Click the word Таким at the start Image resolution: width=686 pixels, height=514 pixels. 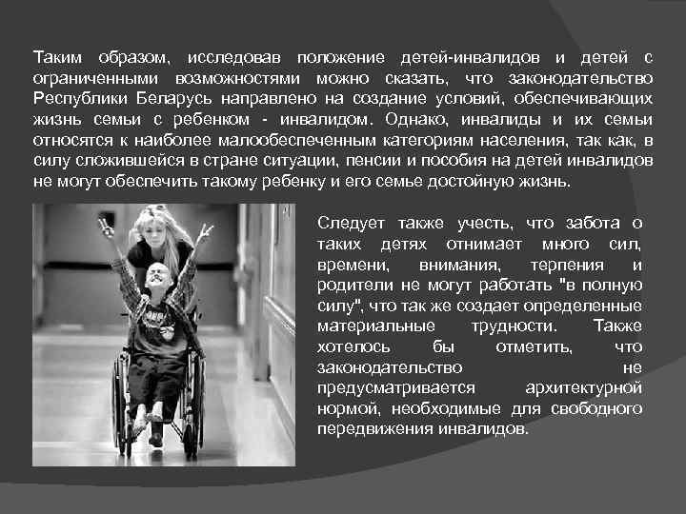coord(54,57)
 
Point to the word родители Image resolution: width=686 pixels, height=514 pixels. coord(351,285)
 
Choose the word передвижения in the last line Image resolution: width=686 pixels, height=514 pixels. coord(366,428)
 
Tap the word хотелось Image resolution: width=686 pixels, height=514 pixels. coord(346,346)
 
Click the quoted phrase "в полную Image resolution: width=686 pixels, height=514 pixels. coord(608,285)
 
